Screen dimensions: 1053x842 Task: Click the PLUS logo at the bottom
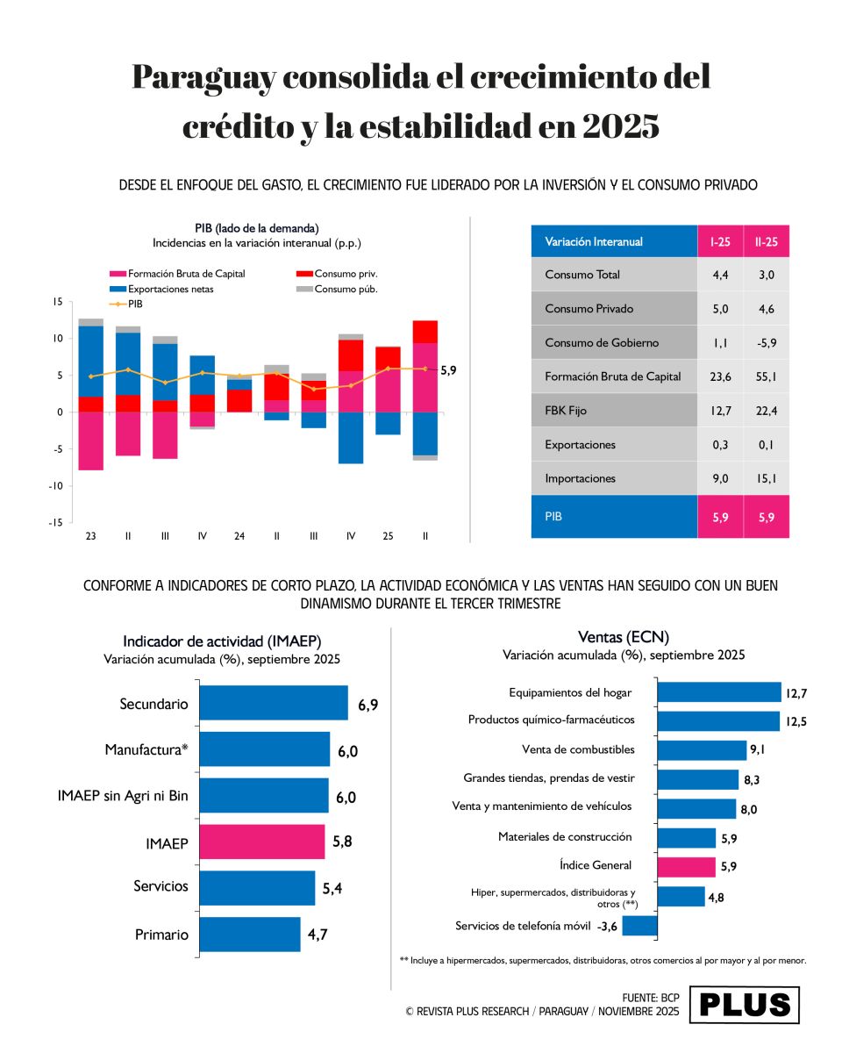pyautogui.click(x=744, y=1005)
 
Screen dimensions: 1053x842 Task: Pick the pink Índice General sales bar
pyautogui.click(x=686, y=866)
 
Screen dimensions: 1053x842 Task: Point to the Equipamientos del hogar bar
pyautogui.click(x=719, y=692)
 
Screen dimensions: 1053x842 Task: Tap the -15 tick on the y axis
pyautogui.click(x=58, y=522)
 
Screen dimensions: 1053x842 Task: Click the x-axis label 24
pyautogui.click(x=239, y=535)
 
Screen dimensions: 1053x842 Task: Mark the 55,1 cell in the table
pyautogui.click(x=767, y=376)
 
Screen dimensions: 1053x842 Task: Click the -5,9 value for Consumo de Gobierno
pyautogui.click(x=767, y=343)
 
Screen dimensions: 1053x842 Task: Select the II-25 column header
pyautogui.click(x=767, y=241)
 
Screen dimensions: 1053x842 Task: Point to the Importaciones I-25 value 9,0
pyautogui.click(x=720, y=478)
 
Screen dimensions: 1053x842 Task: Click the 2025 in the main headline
pyautogui.click(x=619, y=127)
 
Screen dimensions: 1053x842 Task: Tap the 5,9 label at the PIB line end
pyautogui.click(x=448, y=370)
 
